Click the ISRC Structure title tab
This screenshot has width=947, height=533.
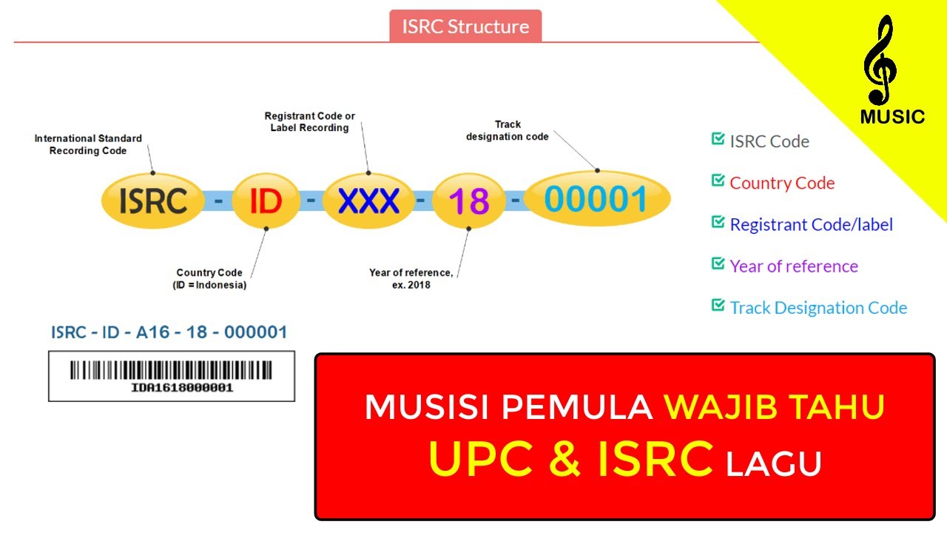(465, 27)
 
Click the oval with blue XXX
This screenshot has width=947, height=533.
(368, 201)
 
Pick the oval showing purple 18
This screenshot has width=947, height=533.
(469, 201)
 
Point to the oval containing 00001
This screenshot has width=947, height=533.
(596, 199)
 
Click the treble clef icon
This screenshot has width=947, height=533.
(880, 61)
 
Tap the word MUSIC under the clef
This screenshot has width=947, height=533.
(892, 117)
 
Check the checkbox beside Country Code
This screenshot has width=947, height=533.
(718, 180)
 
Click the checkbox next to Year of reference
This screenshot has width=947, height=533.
(718, 263)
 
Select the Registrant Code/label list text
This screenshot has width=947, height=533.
(811, 225)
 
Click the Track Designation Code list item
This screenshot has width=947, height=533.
(818, 308)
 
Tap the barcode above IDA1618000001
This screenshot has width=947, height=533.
(171, 370)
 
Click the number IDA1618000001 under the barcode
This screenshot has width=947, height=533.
(182, 388)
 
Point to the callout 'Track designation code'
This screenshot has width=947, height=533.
(508, 130)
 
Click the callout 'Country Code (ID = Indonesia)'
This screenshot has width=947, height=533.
(209, 278)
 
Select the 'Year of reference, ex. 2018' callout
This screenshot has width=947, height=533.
(411, 278)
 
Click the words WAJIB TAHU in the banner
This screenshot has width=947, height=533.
(774, 407)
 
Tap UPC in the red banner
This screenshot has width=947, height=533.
(480, 458)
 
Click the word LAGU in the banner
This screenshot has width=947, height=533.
(774, 464)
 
